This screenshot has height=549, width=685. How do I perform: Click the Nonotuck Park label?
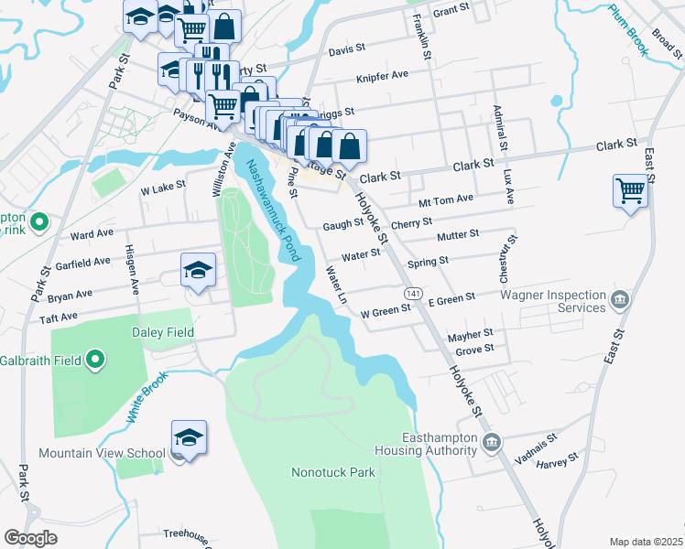click(333, 473)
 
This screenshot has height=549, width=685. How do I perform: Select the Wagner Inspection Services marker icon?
click(619, 298)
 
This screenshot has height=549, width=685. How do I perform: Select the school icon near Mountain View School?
click(189, 438)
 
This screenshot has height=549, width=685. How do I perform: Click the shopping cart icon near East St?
click(631, 191)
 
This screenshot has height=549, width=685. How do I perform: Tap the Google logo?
click(31, 538)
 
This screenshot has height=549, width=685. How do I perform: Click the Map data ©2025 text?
click(645, 542)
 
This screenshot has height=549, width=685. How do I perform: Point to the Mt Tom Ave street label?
click(445, 199)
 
